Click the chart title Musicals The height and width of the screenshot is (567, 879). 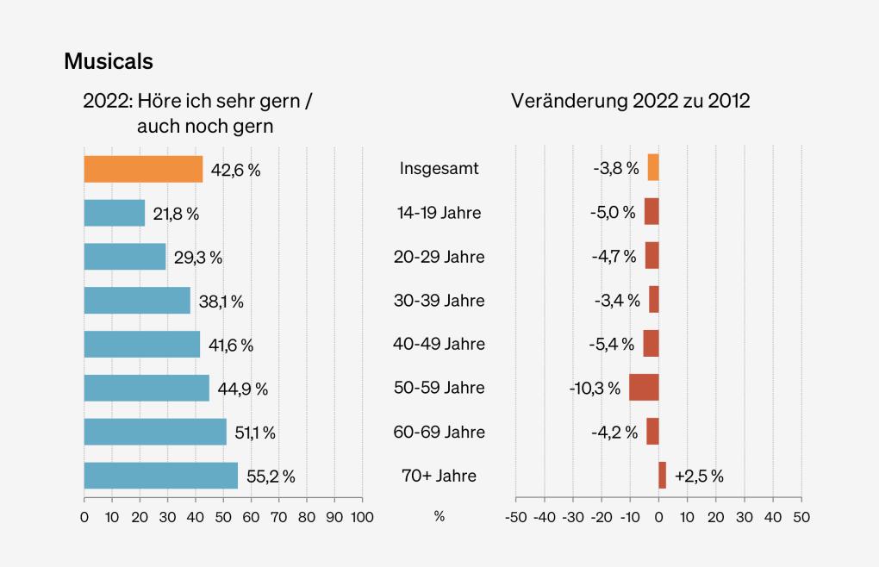tap(109, 62)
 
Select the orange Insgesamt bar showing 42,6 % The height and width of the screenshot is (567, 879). tap(143, 169)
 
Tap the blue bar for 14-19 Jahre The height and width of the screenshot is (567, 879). tap(114, 213)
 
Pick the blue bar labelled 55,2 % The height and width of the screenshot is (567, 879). tap(160, 476)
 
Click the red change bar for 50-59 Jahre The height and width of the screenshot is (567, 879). tap(644, 388)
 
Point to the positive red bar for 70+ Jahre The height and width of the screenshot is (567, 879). tap(662, 476)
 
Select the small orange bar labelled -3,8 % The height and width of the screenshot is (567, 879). tap(653, 168)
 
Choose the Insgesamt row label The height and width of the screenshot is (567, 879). tap(439, 169)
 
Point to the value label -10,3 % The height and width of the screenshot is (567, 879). tap(595, 389)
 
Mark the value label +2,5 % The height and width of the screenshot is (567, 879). tap(699, 477)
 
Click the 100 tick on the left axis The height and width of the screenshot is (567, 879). tap(362, 517)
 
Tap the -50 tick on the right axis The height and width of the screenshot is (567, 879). tap(515, 517)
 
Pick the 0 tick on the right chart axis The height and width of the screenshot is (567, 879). tap(659, 517)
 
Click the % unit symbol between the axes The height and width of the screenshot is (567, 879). tap(439, 517)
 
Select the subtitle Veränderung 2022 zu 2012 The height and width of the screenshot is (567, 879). tap(631, 101)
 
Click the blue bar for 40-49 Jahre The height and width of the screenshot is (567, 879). tap(141, 344)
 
